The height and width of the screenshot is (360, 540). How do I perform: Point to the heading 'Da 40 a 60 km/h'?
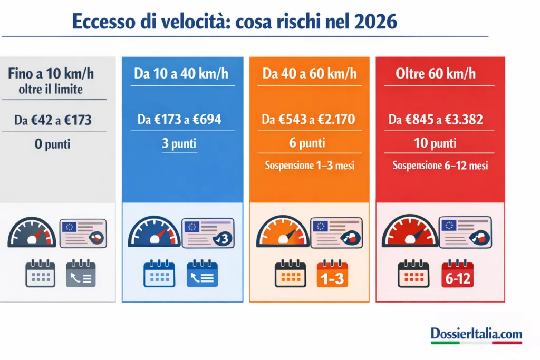point(310,74)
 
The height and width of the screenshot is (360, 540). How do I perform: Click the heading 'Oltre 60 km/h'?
point(436,73)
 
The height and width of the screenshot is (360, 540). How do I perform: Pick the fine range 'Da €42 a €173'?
point(53,120)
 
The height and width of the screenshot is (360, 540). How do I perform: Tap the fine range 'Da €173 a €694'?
point(179,120)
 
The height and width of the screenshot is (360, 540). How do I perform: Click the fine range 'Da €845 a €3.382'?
point(436,120)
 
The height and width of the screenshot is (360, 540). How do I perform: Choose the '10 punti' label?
point(435,142)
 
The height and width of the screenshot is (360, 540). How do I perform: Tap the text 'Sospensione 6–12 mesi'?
point(440,166)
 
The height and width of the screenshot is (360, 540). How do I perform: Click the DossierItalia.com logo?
point(476,334)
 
